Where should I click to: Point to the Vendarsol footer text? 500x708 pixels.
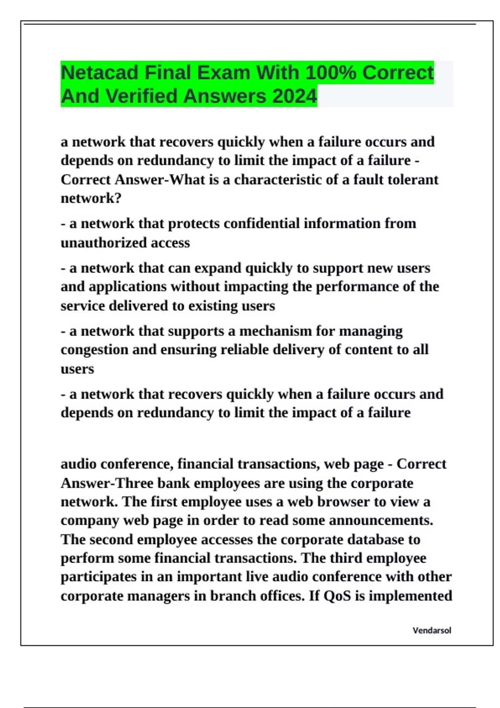click(x=432, y=631)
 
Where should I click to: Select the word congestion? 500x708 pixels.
click(x=94, y=349)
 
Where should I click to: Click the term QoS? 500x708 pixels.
click(x=337, y=596)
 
